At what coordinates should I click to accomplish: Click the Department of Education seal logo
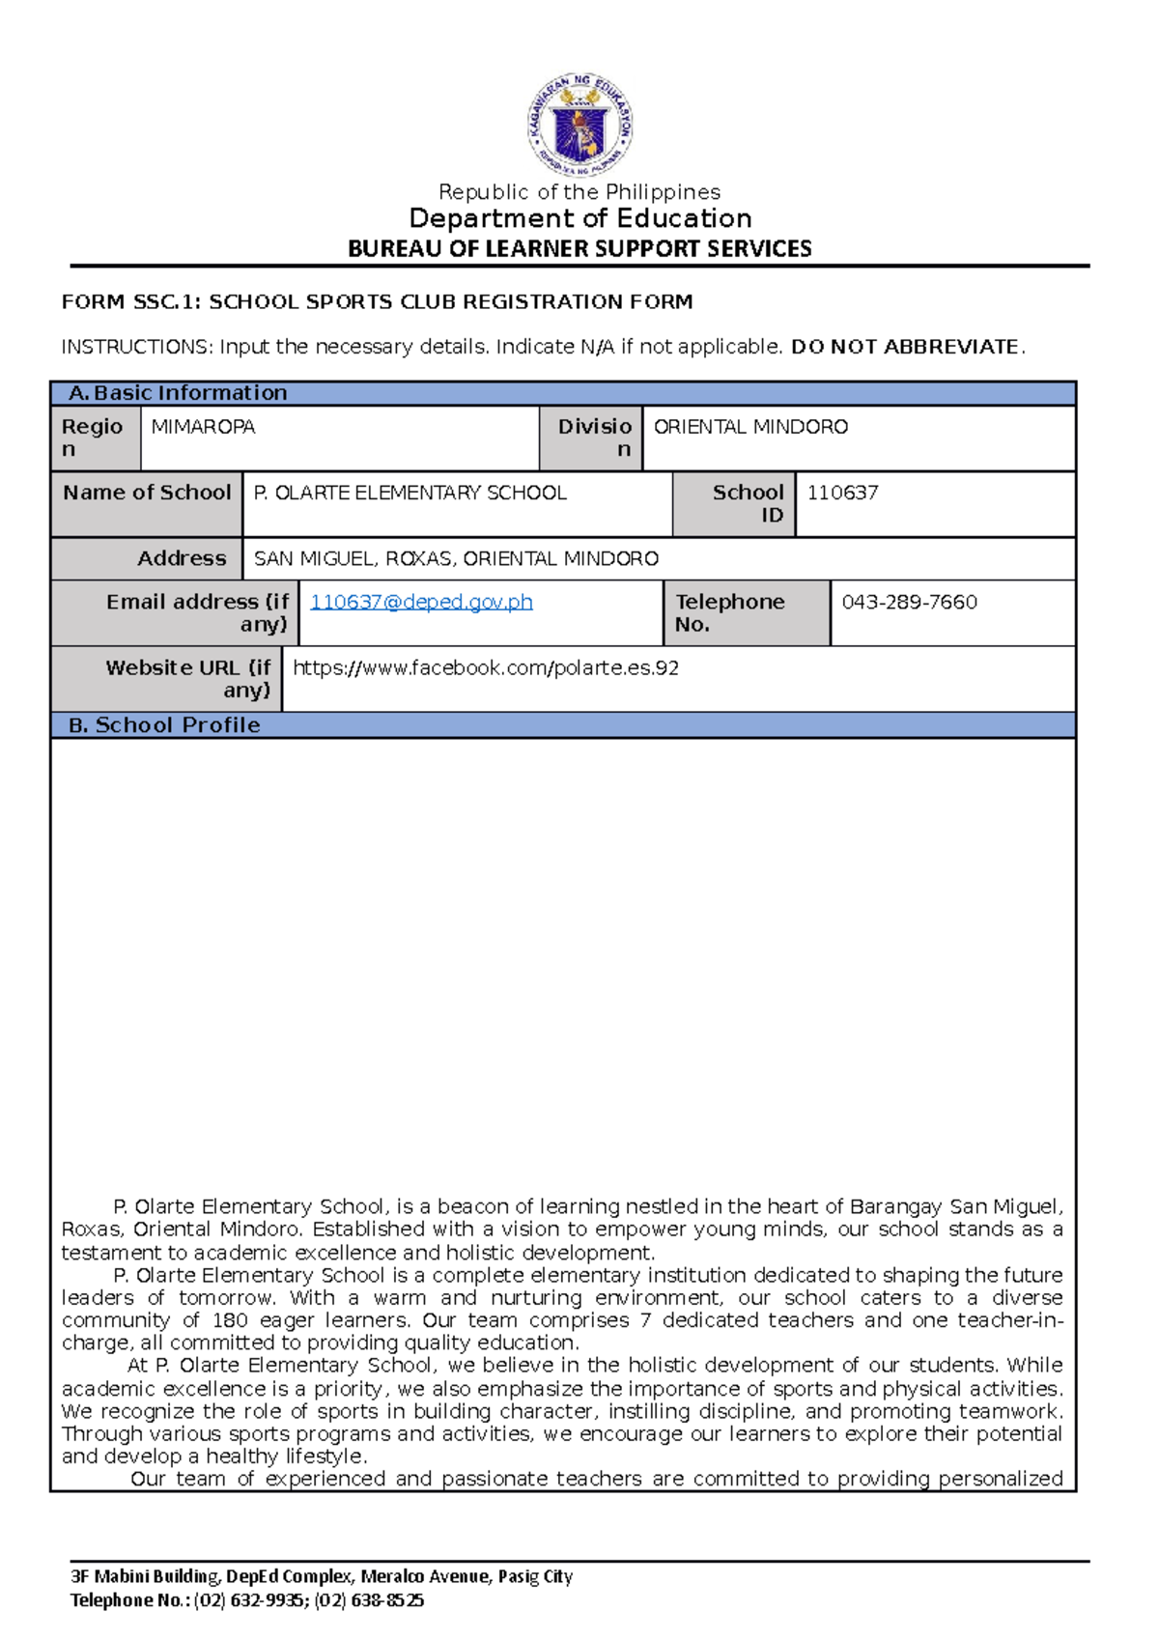point(579,124)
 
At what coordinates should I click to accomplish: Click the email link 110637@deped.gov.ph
point(421,602)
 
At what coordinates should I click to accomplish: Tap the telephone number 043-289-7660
point(909,602)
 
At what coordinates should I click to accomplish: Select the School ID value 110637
point(842,493)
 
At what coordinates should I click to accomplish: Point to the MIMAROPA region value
point(203,427)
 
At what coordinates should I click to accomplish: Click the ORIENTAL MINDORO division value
point(750,427)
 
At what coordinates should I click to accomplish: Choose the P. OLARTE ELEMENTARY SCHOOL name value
point(410,493)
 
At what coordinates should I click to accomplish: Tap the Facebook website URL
point(485,667)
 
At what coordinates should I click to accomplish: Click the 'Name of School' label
point(147,493)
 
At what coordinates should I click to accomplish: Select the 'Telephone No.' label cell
point(729,612)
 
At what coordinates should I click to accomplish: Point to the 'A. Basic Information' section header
point(179,393)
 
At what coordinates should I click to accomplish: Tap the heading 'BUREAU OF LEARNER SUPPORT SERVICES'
point(579,248)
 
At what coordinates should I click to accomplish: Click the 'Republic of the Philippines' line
point(579,192)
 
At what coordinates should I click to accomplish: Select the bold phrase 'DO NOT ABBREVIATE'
point(904,347)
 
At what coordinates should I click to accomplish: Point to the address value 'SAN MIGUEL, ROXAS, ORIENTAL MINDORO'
point(456,558)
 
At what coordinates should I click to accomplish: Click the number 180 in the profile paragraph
point(230,1320)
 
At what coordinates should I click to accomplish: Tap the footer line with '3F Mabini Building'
point(322,1576)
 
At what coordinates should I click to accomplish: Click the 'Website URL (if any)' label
point(188,678)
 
